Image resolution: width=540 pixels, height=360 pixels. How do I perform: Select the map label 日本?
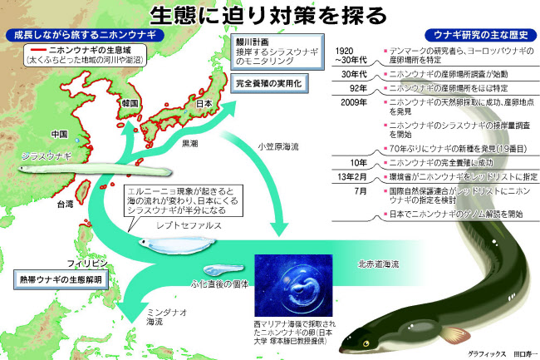tap(205, 104)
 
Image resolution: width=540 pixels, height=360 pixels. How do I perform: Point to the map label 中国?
tap(59, 134)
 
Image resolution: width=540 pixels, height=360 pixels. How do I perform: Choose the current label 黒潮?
tap(189, 145)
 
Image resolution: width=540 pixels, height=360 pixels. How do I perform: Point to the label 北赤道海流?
tap(378, 264)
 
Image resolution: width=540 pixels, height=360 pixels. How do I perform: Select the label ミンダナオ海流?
tap(155, 316)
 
